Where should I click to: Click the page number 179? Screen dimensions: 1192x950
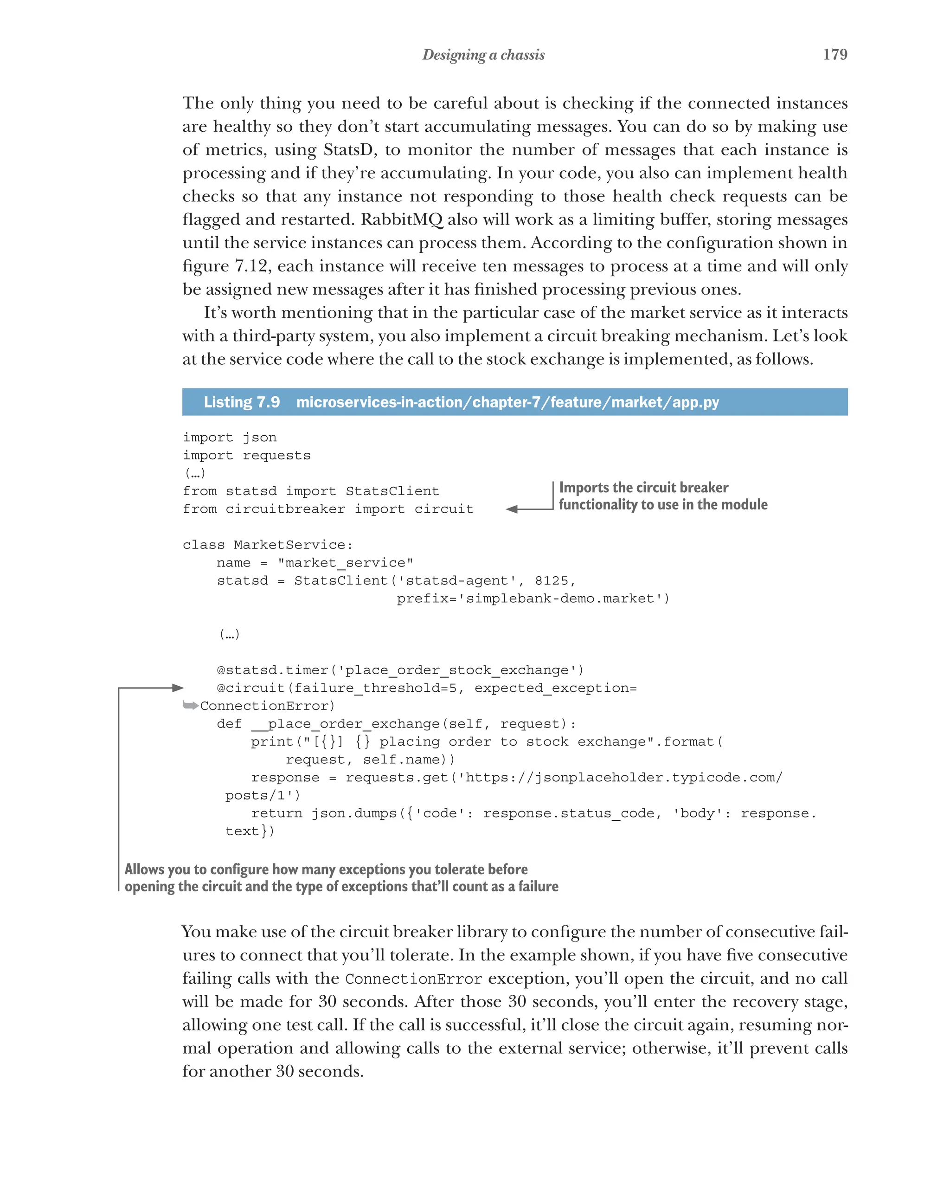[x=834, y=54]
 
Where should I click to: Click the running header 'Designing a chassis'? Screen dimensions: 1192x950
[x=483, y=55]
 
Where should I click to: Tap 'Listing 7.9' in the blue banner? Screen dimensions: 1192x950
[x=242, y=402]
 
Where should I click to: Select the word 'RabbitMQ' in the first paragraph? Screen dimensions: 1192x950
[x=402, y=219]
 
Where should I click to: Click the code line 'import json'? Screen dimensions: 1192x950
[x=229, y=438]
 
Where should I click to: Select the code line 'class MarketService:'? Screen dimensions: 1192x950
[x=268, y=545]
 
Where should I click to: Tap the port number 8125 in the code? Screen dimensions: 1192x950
[x=551, y=580]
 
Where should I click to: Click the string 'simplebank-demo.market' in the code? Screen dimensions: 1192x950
[x=560, y=598]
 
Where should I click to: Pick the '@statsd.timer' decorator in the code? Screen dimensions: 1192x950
[x=272, y=670]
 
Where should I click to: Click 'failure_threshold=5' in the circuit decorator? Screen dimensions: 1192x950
[x=378, y=688]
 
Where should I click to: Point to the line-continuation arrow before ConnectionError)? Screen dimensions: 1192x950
[x=190, y=705]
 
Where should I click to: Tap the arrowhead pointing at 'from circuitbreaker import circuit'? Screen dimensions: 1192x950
[x=512, y=509]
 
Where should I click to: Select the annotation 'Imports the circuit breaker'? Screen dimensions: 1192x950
[x=643, y=487]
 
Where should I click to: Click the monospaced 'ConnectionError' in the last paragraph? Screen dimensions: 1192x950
[x=413, y=979]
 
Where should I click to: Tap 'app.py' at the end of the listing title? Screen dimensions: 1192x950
[x=695, y=402]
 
